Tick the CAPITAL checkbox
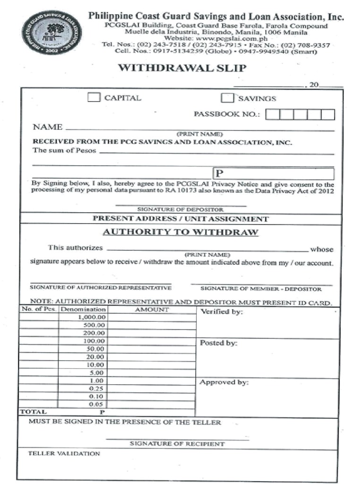click(x=95, y=98)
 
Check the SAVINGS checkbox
click(x=228, y=98)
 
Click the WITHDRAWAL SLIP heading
click(x=182, y=68)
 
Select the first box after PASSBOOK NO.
click(x=272, y=114)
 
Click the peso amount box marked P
click(x=274, y=173)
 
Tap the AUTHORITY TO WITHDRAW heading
click(x=181, y=232)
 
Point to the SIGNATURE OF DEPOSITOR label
click(x=180, y=209)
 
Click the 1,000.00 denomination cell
click(x=83, y=317)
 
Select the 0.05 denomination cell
click(x=83, y=405)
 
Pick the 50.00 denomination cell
click(x=83, y=349)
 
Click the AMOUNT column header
click(x=152, y=310)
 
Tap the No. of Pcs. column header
click(x=39, y=310)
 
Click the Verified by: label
click(x=222, y=312)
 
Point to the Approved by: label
click(x=224, y=382)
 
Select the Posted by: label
click(x=218, y=343)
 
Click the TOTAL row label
click(x=33, y=412)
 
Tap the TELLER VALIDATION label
click(x=64, y=453)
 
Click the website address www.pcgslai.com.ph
click(x=215, y=39)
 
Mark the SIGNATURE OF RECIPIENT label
click(x=177, y=444)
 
